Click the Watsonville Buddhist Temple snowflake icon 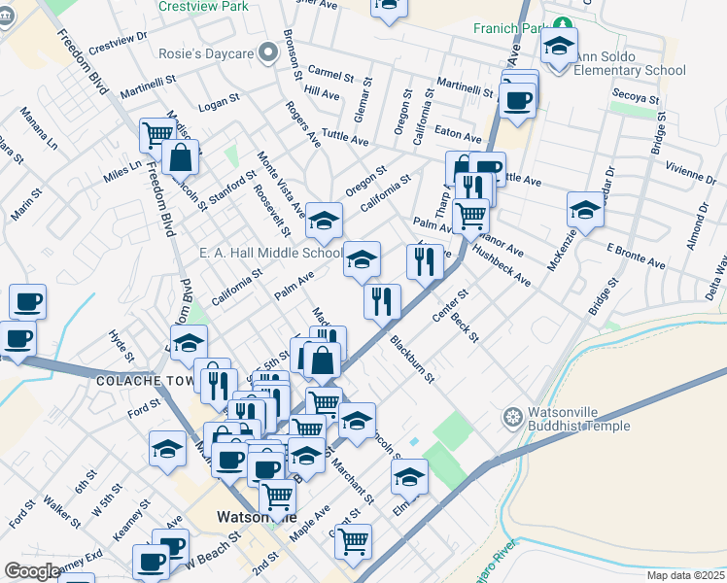coord(512,419)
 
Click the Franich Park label coord(506,27)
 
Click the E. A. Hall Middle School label coord(271,254)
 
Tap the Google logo coord(32,571)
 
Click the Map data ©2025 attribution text coord(686,575)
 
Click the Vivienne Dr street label coord(691,172)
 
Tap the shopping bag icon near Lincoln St coord(180,155)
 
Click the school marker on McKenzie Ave coord(585,208)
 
